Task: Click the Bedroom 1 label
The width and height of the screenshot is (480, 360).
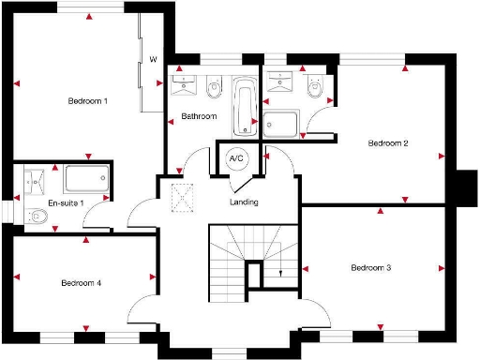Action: point(87,100)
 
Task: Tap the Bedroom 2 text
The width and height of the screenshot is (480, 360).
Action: point(388,143)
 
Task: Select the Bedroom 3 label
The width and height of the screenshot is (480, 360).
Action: point(371,268)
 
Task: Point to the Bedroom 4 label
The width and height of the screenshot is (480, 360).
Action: point(82,282)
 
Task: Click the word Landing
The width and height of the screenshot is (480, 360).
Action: point(244,202)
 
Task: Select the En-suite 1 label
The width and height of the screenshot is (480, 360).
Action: point(40,202)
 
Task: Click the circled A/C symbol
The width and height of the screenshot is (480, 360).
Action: point(236,158)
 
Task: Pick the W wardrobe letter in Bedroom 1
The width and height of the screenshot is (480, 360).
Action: point(153,60)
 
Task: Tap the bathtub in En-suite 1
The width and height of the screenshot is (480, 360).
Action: point(87,178)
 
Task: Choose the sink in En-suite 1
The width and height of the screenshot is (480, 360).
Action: point(37,178)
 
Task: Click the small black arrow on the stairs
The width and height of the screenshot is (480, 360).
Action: point(281,273)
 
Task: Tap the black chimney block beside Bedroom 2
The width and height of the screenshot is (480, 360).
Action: point(465,187)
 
